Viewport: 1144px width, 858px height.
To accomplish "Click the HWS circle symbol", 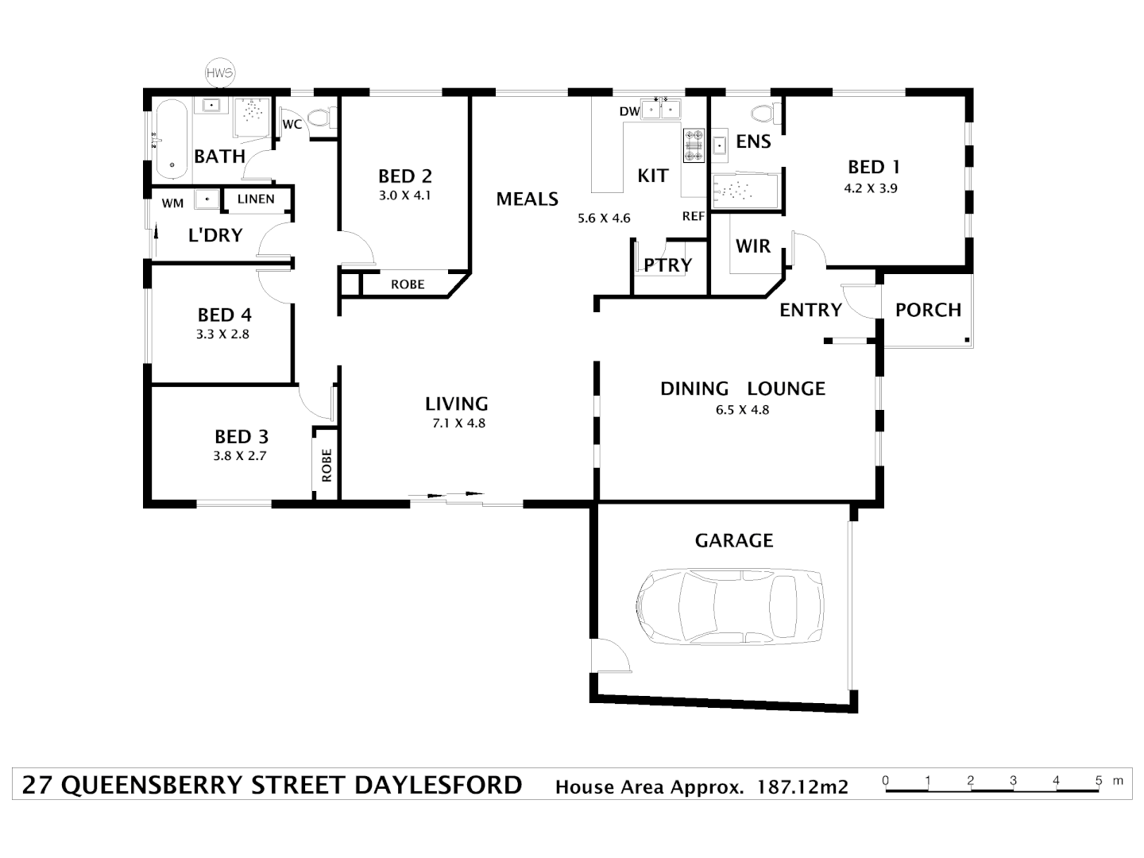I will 219,73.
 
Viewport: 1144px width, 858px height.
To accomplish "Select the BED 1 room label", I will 873,167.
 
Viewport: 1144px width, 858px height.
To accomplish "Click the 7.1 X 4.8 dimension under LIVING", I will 458,423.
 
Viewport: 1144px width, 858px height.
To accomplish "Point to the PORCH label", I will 928,310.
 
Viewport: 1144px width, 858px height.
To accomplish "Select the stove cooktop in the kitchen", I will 693,145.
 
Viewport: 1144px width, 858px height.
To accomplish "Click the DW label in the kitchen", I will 629,112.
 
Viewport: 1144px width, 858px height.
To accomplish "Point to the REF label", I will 694,216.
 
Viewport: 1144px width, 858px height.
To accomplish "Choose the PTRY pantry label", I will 667,265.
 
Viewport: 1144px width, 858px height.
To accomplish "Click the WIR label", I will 752,246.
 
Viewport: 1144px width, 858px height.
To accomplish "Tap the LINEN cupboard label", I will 256,199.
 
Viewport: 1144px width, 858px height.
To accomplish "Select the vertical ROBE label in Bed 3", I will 327,466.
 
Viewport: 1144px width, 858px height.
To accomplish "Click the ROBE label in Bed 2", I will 408,284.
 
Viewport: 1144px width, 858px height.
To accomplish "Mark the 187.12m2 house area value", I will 802,787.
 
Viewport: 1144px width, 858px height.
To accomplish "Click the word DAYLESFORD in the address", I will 438,785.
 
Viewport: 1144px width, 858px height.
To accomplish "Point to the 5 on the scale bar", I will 1099,781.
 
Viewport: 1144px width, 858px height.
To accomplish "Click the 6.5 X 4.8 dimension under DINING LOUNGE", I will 742,410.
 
